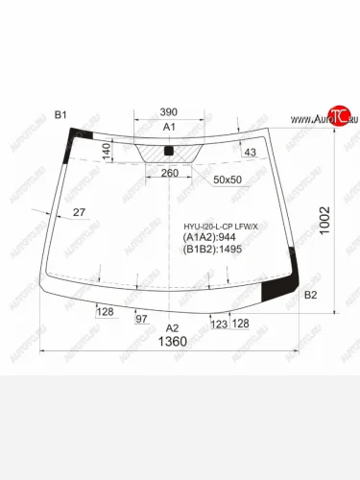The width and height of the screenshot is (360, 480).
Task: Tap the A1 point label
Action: click(x=170, y=128)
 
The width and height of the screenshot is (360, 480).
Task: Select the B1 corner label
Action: click(x=60, y=116)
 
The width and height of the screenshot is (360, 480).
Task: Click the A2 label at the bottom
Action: click(x=173, y=328)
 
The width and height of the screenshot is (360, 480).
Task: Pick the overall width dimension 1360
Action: click(x=172, y=344)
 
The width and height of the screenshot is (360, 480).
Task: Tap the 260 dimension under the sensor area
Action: click(x=169, y=173)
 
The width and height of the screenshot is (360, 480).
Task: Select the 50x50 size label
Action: click(x=228, y=180)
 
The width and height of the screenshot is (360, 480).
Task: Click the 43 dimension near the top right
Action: click(x=251, y=155)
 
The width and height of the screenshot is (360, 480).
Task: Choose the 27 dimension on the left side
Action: click(x=79, y=212)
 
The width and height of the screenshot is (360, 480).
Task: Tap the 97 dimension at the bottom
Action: click(x=141, y=317)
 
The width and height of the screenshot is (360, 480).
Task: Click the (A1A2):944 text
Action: click(x=210, y=238)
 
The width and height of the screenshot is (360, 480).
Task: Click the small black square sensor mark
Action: click(x=169, y=152)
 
